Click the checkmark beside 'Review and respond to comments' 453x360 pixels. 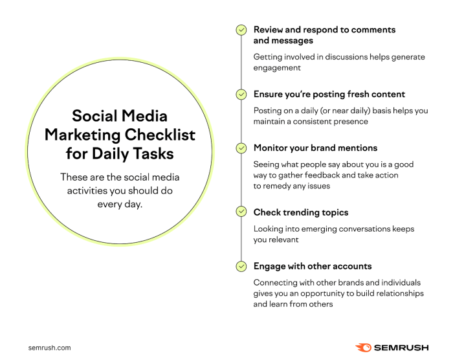tap(241, 30)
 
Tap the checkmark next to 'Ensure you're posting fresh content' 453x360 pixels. tap(241, 95)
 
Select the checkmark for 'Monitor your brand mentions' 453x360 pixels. tap(241, 148)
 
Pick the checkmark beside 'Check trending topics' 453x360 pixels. tap(241, 212)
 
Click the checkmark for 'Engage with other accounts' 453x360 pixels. tap(241, 266)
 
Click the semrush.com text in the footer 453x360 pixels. tap(50, 348)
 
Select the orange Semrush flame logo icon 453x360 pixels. tap(363, 347)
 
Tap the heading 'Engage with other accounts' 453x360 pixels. tap(312, 266)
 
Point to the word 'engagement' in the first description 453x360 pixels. tap(277, 67)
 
